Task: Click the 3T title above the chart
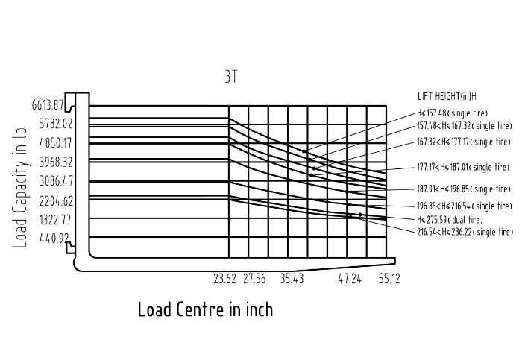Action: point(231,77)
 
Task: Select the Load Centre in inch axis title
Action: point(205,309)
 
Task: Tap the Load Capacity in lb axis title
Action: point(20,188)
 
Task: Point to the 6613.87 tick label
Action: point(48,105)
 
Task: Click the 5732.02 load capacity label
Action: point(56,124)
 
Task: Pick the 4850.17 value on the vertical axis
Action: point(56,143)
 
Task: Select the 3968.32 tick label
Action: point(56,162)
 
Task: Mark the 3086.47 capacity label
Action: point(56,181)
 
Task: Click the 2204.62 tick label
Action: point(56,201)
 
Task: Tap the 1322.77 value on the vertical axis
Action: point(55,220)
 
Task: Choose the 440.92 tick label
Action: point(54,239)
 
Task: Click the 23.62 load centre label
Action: point(224,279)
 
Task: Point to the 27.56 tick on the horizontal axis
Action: point(254,279)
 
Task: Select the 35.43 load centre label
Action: point(292,279)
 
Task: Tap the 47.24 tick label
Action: point(350,279)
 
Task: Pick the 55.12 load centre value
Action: point(389,279)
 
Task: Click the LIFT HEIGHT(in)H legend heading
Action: point(447,96)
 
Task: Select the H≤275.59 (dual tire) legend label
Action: point(450,220)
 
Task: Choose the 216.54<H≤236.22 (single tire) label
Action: point(465,232)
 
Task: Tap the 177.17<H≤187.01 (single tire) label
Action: point(463,167)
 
